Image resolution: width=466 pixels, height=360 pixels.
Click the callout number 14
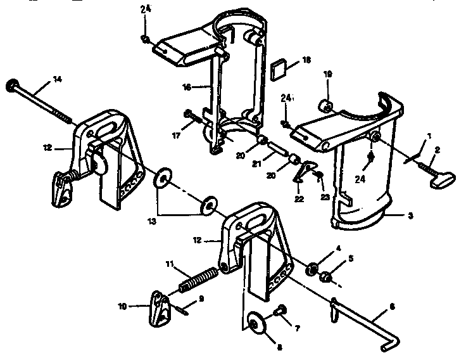pos(58,79)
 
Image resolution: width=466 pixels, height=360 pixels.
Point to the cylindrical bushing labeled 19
pos(326,104)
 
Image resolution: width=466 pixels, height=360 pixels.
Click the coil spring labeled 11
pos(199,279)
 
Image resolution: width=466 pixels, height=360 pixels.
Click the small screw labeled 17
pos(192,115)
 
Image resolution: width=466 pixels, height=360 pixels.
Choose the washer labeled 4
pos(312,270)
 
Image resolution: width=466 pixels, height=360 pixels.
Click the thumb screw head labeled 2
pos(439,181)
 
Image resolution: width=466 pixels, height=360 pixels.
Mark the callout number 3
pos(411,216)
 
